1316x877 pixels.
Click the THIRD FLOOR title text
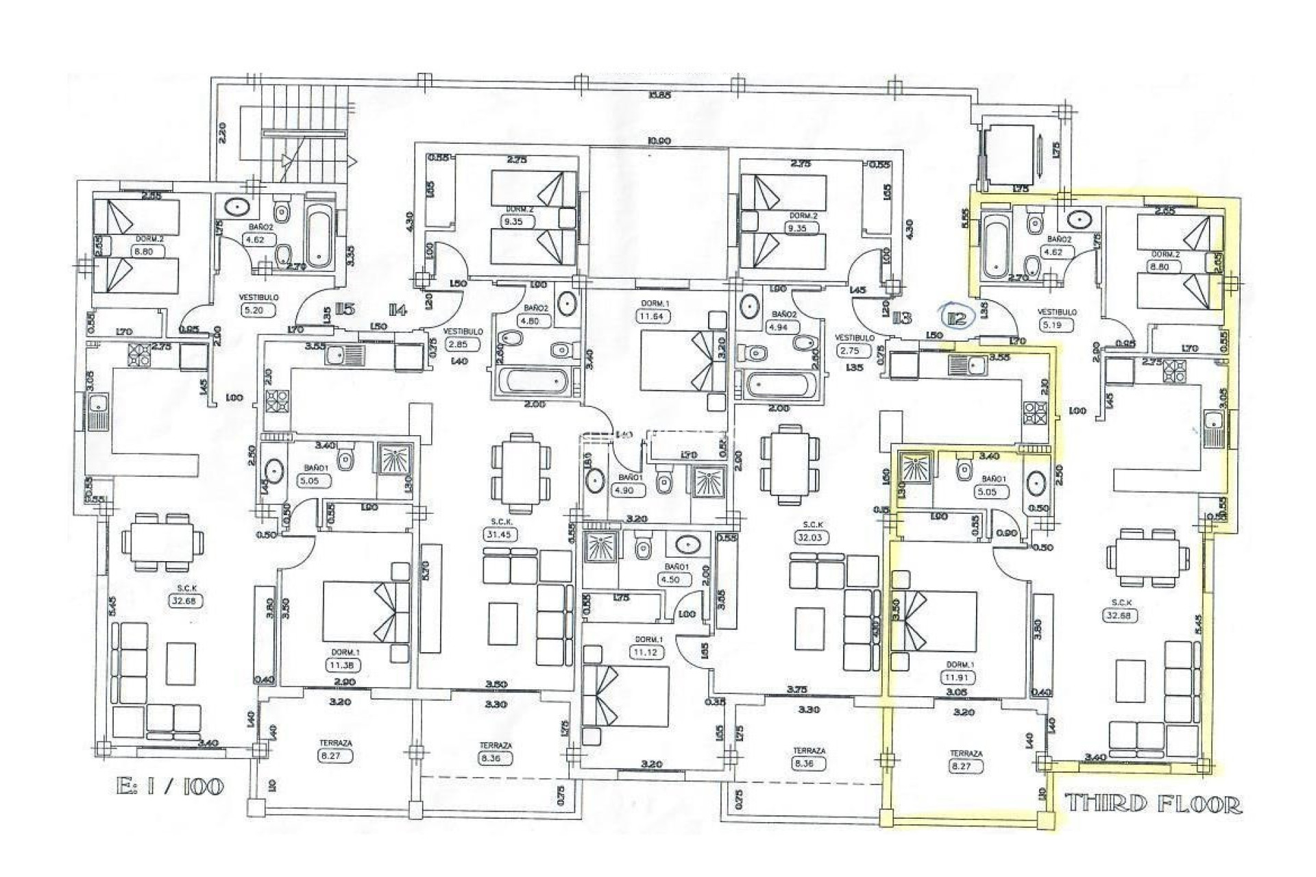click(1153, 804)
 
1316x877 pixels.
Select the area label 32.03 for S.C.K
click(807, 538)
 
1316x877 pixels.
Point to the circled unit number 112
click(956, 317)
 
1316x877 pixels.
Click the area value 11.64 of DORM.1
click(653, 317)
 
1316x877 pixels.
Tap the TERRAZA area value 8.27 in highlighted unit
click(966, 767)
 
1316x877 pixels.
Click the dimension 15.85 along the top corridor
click(659, 95)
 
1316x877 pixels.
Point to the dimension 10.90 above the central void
click(659, 141)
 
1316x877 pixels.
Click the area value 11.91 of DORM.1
click(959, 677)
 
